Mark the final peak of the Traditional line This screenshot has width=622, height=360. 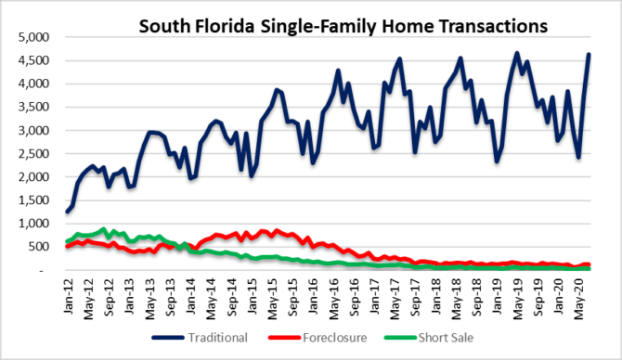pyautogui.click(x=590, y=55)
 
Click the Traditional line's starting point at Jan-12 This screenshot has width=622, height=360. pyautogui.click(x=67, y=212)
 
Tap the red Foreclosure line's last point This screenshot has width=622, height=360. pyautogui.click(x=590, y=264)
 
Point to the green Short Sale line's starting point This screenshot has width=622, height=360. pyautogui.click(x=67, y=242)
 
